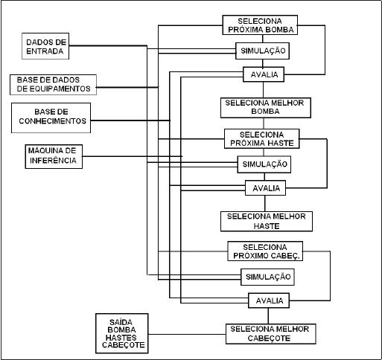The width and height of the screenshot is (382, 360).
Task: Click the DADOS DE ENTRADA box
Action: pos(45,46)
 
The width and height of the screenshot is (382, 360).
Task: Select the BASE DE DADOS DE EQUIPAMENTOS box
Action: pos(53,85)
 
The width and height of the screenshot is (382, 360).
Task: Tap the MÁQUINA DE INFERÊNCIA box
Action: pos(54,156)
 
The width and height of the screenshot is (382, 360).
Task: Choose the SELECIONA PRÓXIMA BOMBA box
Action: pos(260,25)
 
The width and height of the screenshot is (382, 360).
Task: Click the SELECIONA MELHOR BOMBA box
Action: pos(266,108)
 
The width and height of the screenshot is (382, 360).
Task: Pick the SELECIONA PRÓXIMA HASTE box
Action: pos(262,139)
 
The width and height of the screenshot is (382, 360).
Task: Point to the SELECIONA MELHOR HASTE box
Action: pos(267,222)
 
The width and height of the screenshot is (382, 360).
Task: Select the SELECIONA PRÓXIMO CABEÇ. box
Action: pos(265,251)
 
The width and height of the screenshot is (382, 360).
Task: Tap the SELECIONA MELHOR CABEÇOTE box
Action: pos(271,334)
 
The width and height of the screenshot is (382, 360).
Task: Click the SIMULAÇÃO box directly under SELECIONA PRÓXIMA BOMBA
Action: pos(262,51)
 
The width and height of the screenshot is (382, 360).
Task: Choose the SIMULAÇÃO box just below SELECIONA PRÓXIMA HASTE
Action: pos(264,164)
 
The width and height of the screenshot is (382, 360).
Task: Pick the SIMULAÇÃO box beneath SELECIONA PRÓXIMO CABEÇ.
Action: pos(267,277)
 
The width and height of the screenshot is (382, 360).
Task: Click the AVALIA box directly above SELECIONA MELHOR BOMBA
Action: pos(264,74)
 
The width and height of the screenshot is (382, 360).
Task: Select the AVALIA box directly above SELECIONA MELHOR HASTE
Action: pos(265,188)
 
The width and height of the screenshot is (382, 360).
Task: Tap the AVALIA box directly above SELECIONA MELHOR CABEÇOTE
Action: pos(269,300)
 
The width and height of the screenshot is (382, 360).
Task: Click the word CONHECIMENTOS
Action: pos(53,121)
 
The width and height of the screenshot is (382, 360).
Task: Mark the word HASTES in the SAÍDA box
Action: pos(121,338)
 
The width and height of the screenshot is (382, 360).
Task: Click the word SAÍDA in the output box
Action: pos(121,322)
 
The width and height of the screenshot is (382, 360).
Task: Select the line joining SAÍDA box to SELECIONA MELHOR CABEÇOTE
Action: pos(187,334)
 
